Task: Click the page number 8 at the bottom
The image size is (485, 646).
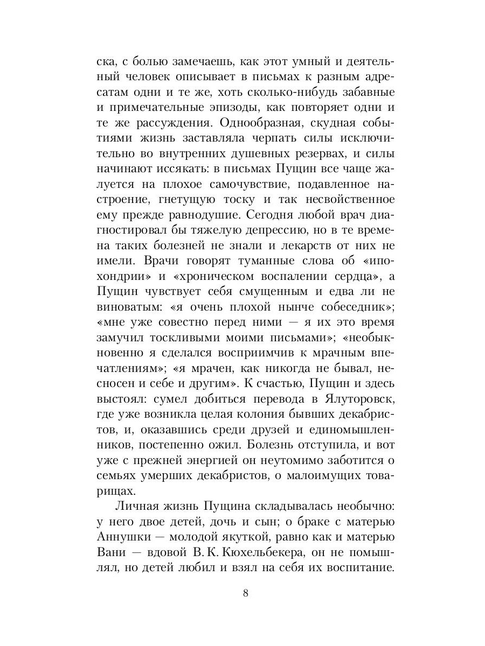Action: (245, 593)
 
